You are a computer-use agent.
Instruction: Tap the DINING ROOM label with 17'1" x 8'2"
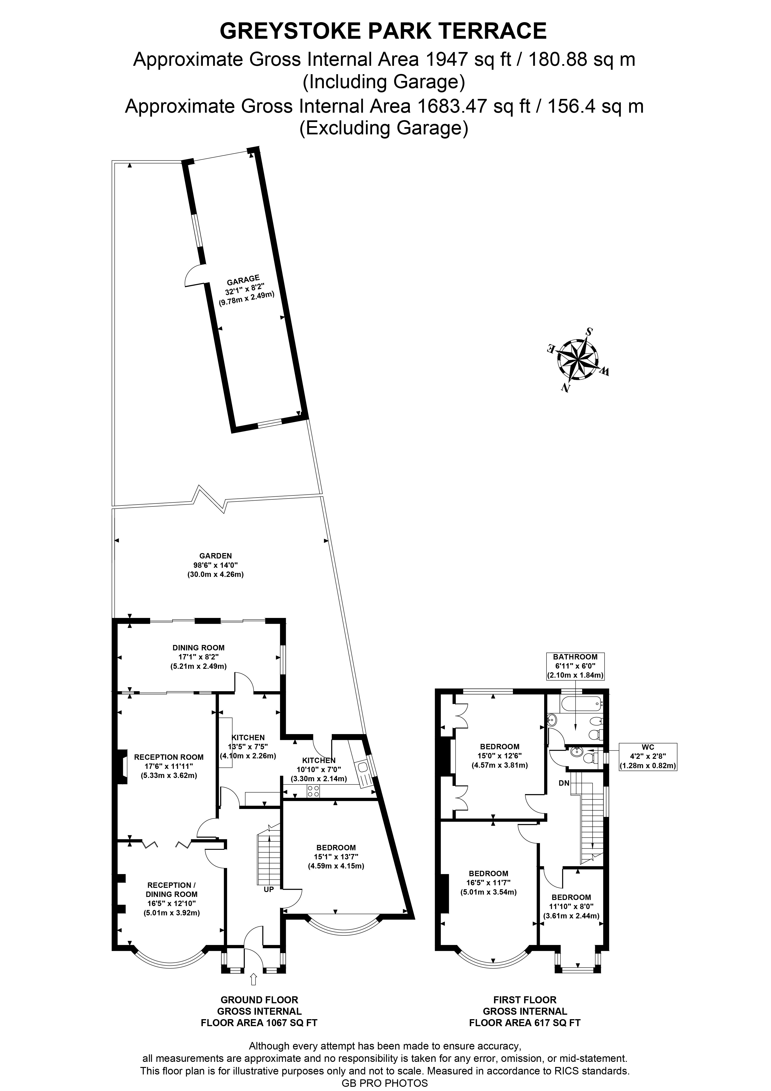(x=199, y=657)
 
